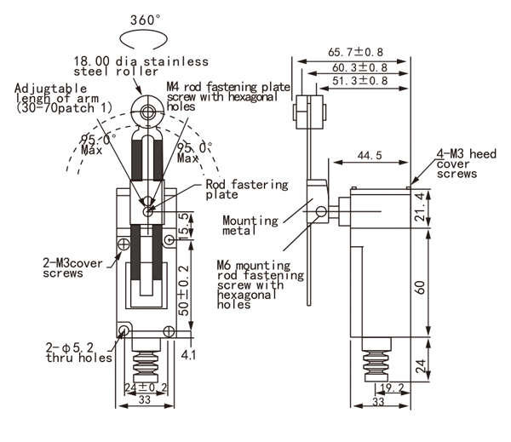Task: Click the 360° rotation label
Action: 145,20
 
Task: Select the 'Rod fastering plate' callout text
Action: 247,189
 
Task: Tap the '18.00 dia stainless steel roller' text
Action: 141,67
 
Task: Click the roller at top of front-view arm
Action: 146,111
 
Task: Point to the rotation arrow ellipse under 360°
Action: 145,40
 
